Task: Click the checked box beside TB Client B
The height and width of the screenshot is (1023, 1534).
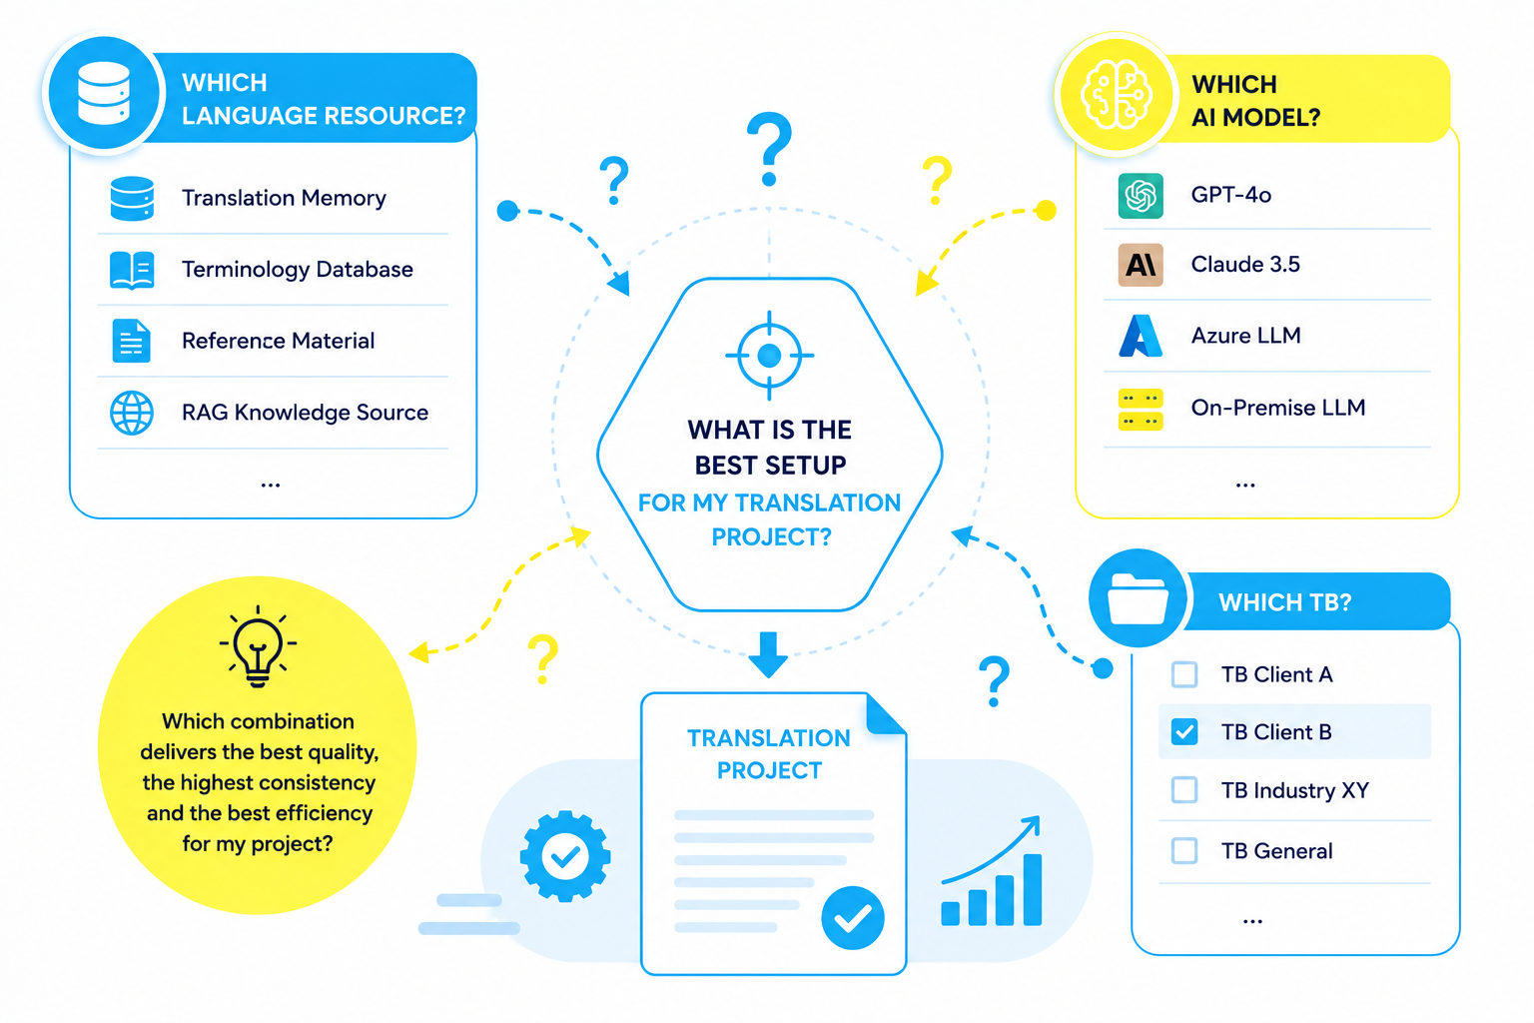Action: (x=1184, y=732)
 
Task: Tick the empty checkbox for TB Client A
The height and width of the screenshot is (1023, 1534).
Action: (x=1184, y=674)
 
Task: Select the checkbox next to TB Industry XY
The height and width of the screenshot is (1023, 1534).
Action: (x=1184, y=790)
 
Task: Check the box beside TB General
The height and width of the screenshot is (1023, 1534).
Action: (x=1184, y=850)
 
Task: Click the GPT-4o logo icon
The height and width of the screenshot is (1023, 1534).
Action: (x=1141, y=196)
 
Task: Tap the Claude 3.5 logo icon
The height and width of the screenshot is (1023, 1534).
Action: (x=1141, y=265)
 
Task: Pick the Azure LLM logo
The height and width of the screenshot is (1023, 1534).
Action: (x=1141, y=336)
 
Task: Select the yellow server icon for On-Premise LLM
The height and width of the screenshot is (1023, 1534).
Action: (x=1141, y=409)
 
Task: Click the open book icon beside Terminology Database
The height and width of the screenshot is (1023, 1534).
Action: (x=132, y=270)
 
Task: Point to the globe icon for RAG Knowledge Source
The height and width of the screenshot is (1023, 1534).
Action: (x=132, y=413)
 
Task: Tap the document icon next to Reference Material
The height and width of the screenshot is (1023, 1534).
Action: (x=131, y=341)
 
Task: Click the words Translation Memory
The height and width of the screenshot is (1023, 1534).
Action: (x=284, y=198)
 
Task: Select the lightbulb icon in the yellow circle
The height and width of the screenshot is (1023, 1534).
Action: (x=258, y=646)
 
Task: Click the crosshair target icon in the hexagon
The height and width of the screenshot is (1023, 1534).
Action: (x=769, y=356)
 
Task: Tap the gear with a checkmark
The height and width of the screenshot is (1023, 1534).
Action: (x=565, y=856)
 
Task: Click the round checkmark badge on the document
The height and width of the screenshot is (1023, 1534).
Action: (x=853, y=917)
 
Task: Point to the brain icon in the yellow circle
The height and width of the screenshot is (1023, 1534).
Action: (x=1117, y=95)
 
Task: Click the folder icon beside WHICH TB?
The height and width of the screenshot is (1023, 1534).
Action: (x=1138, y=598)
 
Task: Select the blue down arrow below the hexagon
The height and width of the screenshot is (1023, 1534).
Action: (x=768, y=655)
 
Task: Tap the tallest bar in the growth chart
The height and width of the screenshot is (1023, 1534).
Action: (x=1032, y=890)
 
